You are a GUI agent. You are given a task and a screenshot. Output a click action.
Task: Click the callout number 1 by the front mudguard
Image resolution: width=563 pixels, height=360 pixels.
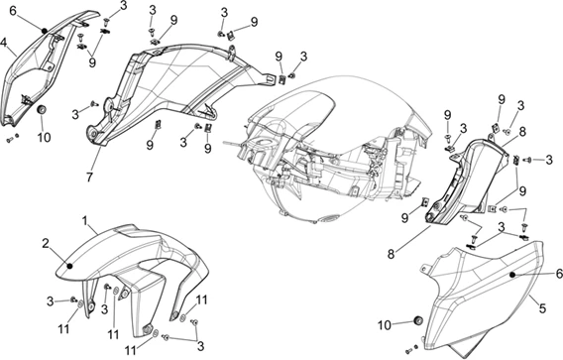85,220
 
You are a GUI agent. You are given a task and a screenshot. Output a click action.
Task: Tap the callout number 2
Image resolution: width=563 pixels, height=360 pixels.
46,244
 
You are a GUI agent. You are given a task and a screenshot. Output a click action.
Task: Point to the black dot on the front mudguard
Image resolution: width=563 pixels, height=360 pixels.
70,266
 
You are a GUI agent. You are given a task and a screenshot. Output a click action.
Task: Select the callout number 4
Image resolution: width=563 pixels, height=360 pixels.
4,43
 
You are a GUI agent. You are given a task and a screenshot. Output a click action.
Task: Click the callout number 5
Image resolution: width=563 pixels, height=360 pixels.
542,307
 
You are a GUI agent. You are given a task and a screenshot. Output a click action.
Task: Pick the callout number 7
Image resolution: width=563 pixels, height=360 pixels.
89,177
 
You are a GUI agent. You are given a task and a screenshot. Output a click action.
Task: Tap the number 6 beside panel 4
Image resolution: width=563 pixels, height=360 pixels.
13,11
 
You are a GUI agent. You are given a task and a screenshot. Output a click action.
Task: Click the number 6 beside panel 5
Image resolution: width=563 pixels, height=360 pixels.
559,274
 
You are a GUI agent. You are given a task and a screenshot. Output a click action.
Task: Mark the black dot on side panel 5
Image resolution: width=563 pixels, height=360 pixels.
512,275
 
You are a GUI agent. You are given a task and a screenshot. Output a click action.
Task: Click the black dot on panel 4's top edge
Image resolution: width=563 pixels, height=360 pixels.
45,31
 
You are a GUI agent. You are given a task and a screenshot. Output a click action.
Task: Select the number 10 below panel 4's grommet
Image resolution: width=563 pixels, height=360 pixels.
44,137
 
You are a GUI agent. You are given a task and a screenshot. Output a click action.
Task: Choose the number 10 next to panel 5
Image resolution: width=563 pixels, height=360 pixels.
385,325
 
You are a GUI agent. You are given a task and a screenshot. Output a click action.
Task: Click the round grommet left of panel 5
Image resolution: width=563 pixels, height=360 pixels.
418,321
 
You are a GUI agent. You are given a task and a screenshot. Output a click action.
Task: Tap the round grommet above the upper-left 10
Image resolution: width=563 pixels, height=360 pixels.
43,109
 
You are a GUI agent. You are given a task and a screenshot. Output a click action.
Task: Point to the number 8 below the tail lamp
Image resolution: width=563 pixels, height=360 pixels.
391,254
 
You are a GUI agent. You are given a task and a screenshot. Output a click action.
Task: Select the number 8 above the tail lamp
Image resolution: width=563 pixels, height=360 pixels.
522,132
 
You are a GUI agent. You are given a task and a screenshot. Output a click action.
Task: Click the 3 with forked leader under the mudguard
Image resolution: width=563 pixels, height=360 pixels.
200,346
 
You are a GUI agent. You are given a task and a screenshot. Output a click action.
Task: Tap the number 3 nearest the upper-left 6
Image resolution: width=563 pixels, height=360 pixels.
123,5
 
